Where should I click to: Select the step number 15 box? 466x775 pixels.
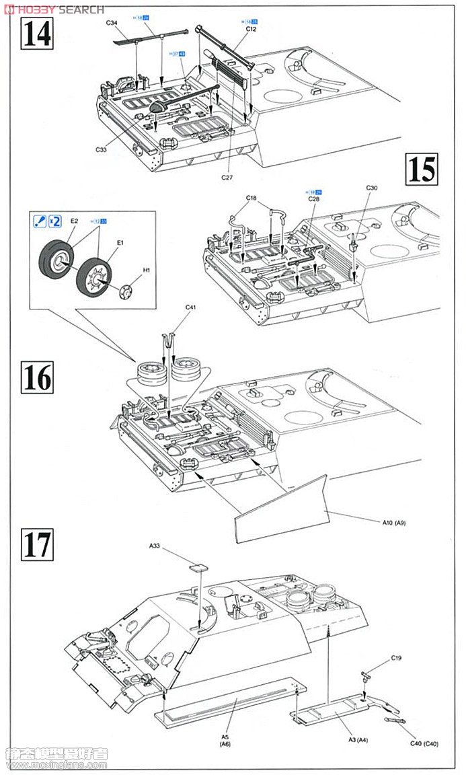tap(422, 169)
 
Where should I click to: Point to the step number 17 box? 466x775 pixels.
tap(36, 544)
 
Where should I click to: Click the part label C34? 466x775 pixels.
tap(112, 24)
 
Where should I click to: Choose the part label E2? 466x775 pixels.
tap(74, 221)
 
